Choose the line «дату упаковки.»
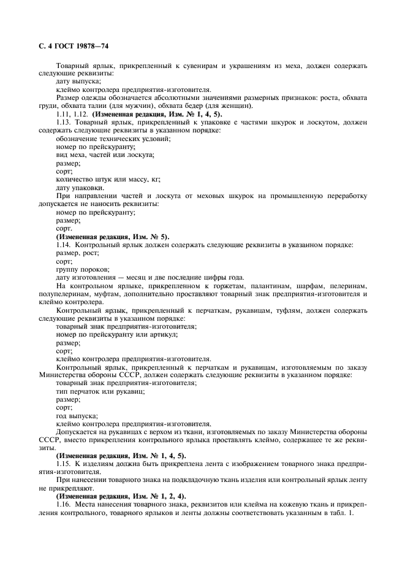coord(80,188)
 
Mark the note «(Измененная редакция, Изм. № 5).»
coord(113,236)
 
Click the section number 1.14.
coord(64,245)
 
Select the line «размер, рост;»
coord(77,253)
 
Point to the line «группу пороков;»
coord(83,269)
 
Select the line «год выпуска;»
coord(77,415)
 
